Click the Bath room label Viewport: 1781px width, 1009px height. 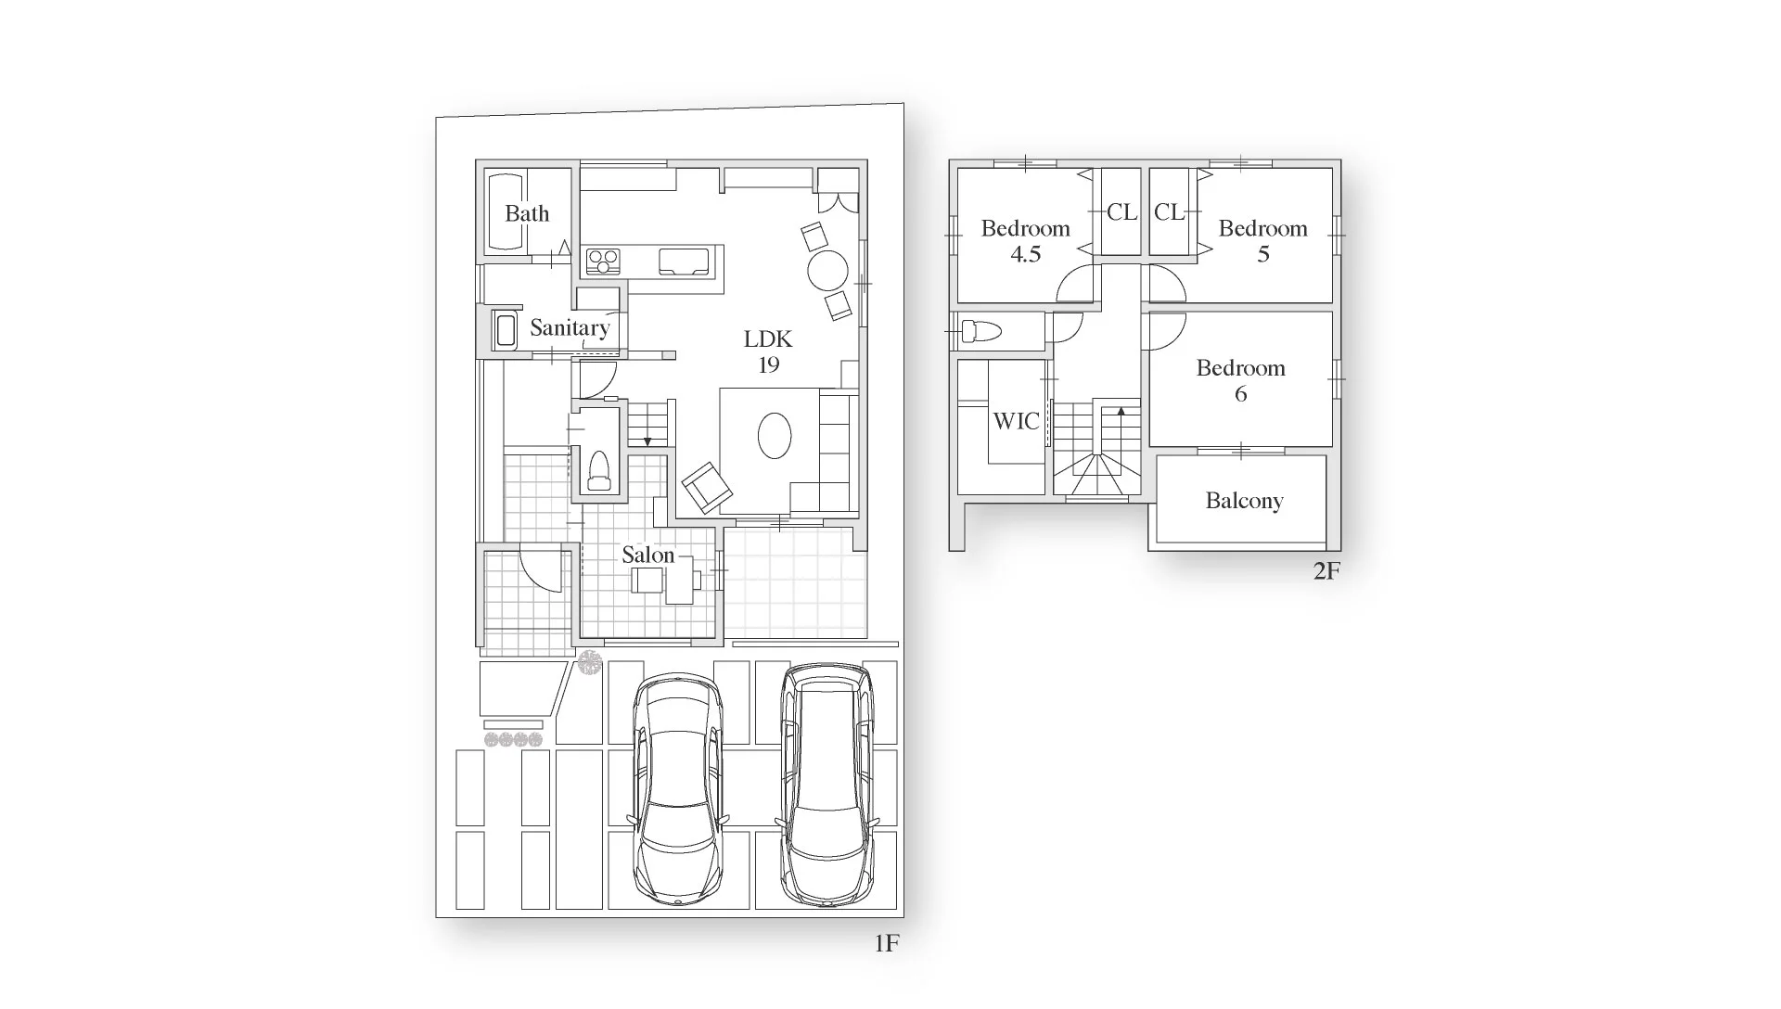(x=527, y=214)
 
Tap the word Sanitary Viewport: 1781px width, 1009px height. (x=570, y=328)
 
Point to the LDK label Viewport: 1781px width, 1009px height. (x=768, y=339)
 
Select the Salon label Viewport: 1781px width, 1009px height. (x=647, y=556)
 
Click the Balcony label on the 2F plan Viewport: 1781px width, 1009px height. (x=1244, y=502)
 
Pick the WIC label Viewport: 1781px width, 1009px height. (x=1016, y=422)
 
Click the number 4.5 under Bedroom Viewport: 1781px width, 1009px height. (x=1025, y=254)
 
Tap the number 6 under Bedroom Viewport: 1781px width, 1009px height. (x=1240, y=394)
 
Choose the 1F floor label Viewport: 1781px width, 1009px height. (x=887, y=944)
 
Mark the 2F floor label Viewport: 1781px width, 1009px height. (x=1326, y=571)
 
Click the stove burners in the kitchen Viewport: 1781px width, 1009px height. (x=603, y=261)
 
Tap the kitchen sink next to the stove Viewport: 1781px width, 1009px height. (x=684, y=262)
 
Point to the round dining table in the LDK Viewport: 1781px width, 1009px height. (x=827, y=271)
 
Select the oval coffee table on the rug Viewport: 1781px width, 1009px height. (x=775, y=435)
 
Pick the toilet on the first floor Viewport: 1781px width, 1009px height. (x=599, y=471)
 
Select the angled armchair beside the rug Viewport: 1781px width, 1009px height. (x=707, y=488)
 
